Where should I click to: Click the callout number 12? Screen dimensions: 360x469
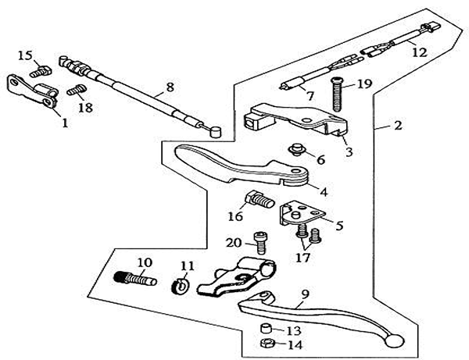coord(420,53)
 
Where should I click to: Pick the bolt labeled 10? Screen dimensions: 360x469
coord(136,278)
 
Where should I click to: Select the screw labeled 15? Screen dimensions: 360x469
coord(43,71)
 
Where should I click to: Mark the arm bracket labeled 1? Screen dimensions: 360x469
coord(31,91)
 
